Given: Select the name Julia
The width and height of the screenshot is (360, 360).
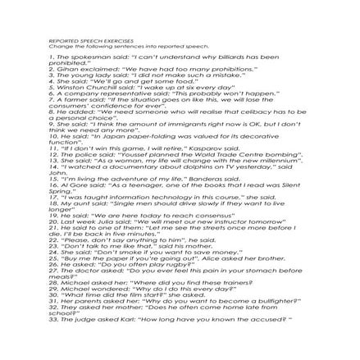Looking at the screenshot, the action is [x=105, y=221].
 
